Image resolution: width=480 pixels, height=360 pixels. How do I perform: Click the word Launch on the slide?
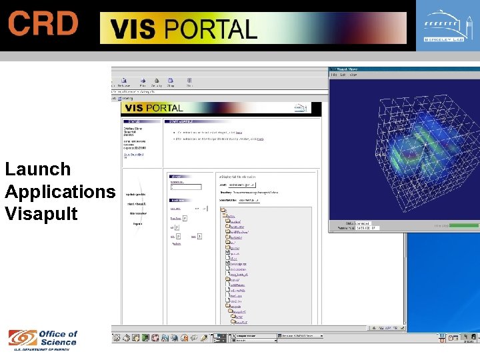pyautogui.click(x=38, y=169)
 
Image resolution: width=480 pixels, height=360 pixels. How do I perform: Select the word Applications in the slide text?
pyautogui.click(x=60, y=192)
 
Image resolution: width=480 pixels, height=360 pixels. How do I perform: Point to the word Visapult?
pyautogui.click(x=41, y=214)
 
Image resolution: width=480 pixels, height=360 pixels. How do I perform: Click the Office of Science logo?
pyautogui.click(x=43, y=339)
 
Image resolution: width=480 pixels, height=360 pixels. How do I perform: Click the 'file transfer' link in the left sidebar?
pyautogui.click(x=137, y=213)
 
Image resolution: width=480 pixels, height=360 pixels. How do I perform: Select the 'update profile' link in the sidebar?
pyautogui.click(x=137, y=193)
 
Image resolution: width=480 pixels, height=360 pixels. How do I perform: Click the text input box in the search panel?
pyautogui.click(x=185, y=187)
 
